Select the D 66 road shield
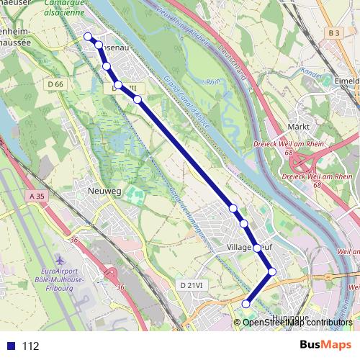(55, 85)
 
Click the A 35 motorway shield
(37, 196)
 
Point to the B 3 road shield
(332, 33)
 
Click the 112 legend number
(30, 346)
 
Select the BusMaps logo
(325, 346)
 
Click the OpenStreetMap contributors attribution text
(297, 323)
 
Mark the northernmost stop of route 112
(88, 37)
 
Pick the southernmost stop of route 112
(246, 304)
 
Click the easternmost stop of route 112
(271, 271)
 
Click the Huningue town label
(291, 317)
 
